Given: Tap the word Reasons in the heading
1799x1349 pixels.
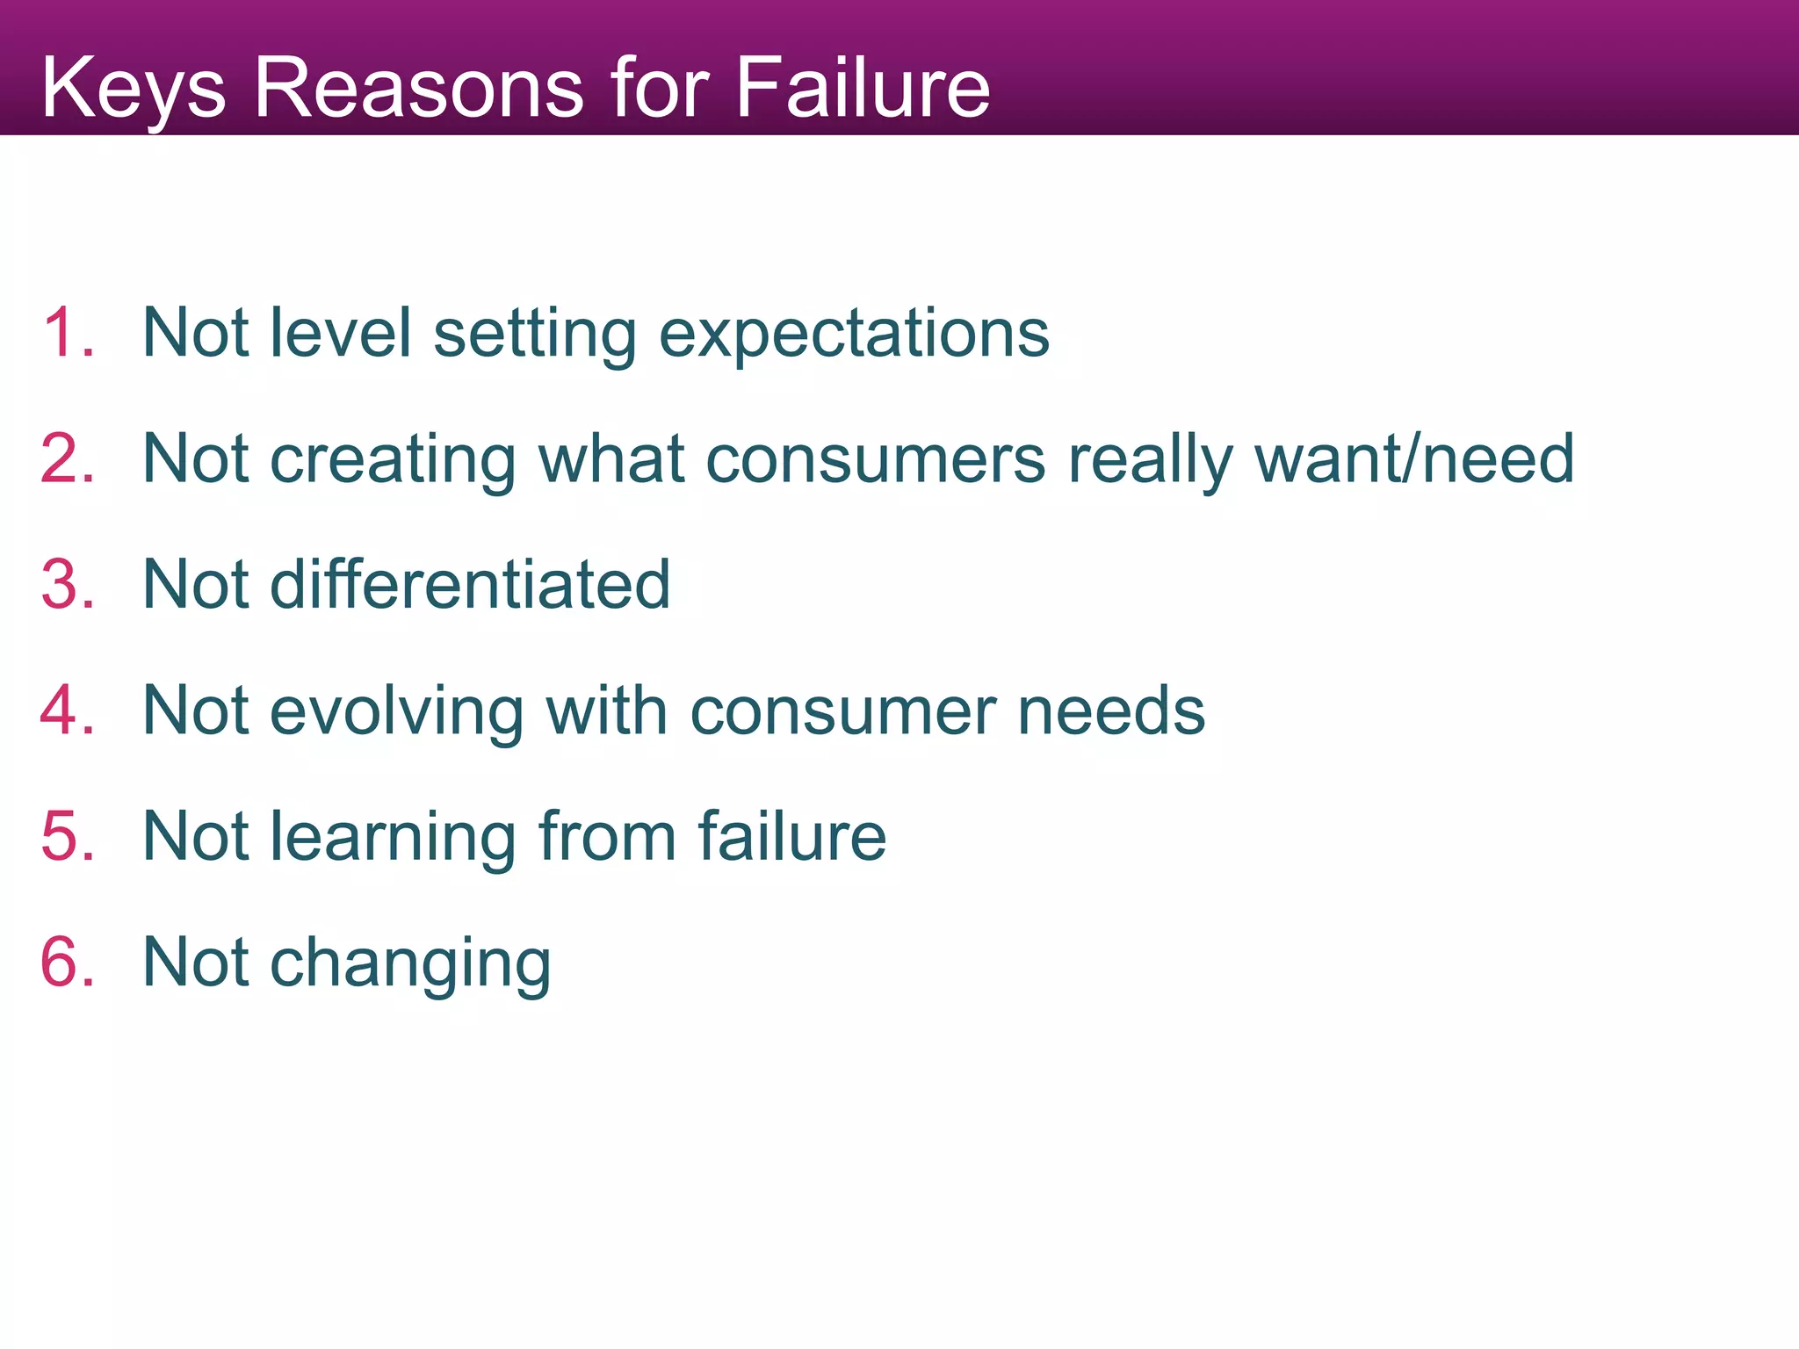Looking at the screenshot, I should (418, 88).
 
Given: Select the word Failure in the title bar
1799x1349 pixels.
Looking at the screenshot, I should (863, 88).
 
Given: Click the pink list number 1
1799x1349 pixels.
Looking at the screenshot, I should (67, 333).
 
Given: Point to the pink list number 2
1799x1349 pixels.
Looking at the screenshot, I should (67, 458).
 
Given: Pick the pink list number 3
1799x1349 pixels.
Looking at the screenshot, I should (67, 585).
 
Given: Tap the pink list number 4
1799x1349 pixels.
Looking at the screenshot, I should (67, 711).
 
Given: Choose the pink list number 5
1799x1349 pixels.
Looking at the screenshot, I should (67, 836).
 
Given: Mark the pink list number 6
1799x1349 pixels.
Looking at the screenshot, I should (67, 963).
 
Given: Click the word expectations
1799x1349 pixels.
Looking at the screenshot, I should (854, 335).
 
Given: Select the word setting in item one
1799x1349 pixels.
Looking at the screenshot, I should (535, 335).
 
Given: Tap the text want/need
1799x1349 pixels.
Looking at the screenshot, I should (1413, 459).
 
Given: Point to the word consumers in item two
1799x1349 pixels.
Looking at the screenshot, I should (876, 459).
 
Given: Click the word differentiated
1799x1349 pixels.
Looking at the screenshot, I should (470, 585).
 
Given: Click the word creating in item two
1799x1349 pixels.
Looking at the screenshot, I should (393, 460).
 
